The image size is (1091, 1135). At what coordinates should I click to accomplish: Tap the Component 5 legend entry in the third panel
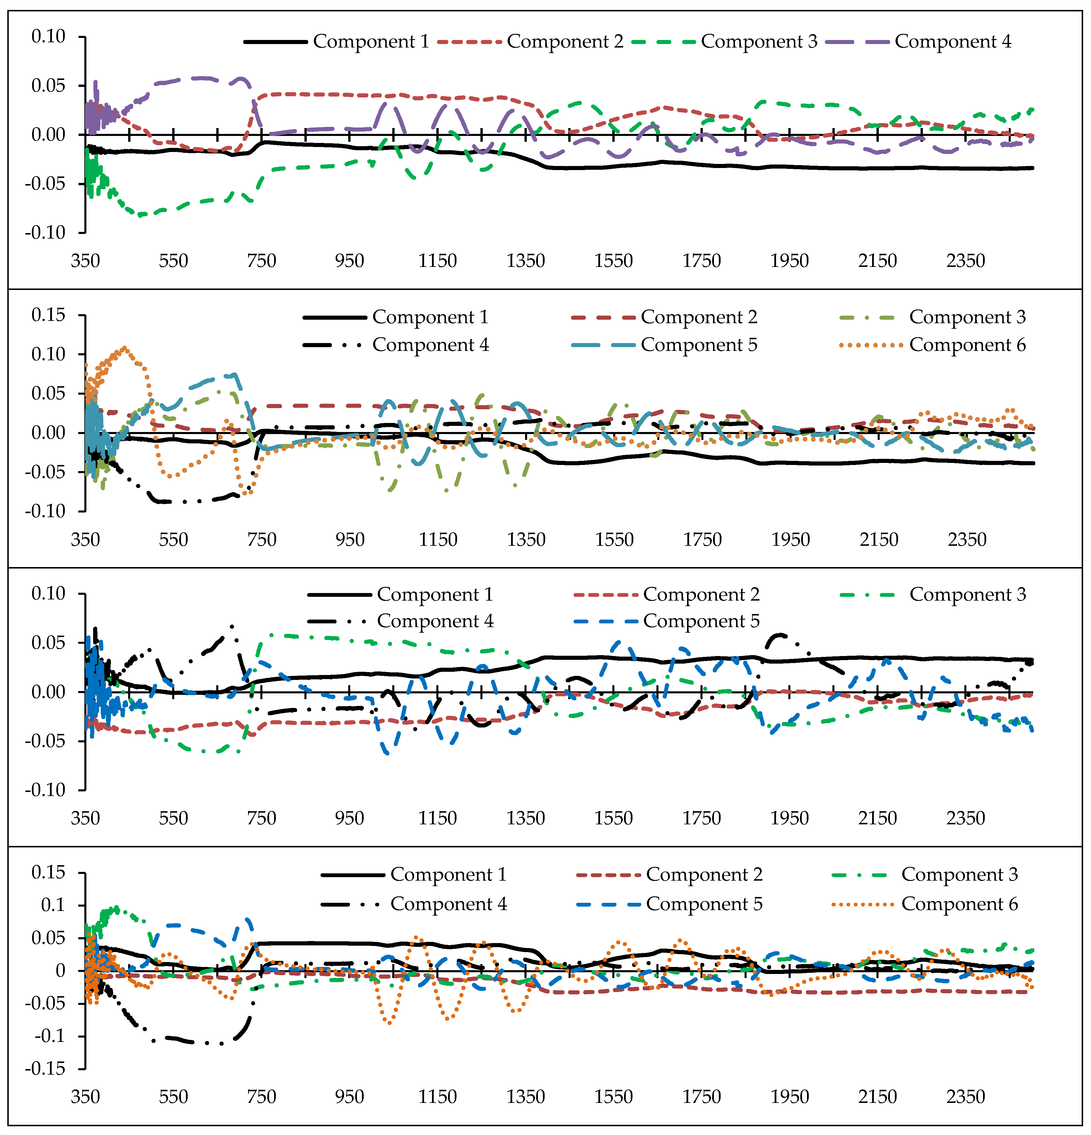point(701,621)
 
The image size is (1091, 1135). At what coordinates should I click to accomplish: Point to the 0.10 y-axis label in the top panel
point(49,36)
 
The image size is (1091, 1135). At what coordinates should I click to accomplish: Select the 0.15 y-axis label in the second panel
point(49,315)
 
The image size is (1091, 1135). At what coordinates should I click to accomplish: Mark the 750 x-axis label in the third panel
point(261,818)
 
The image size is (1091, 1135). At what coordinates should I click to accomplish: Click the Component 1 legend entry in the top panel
point(371,42)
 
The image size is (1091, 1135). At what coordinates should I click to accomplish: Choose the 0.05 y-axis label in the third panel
point(49,643)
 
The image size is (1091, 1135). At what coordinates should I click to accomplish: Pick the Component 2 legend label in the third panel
point(701,595)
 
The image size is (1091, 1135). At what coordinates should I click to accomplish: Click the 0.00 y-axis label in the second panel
point(49,433)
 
